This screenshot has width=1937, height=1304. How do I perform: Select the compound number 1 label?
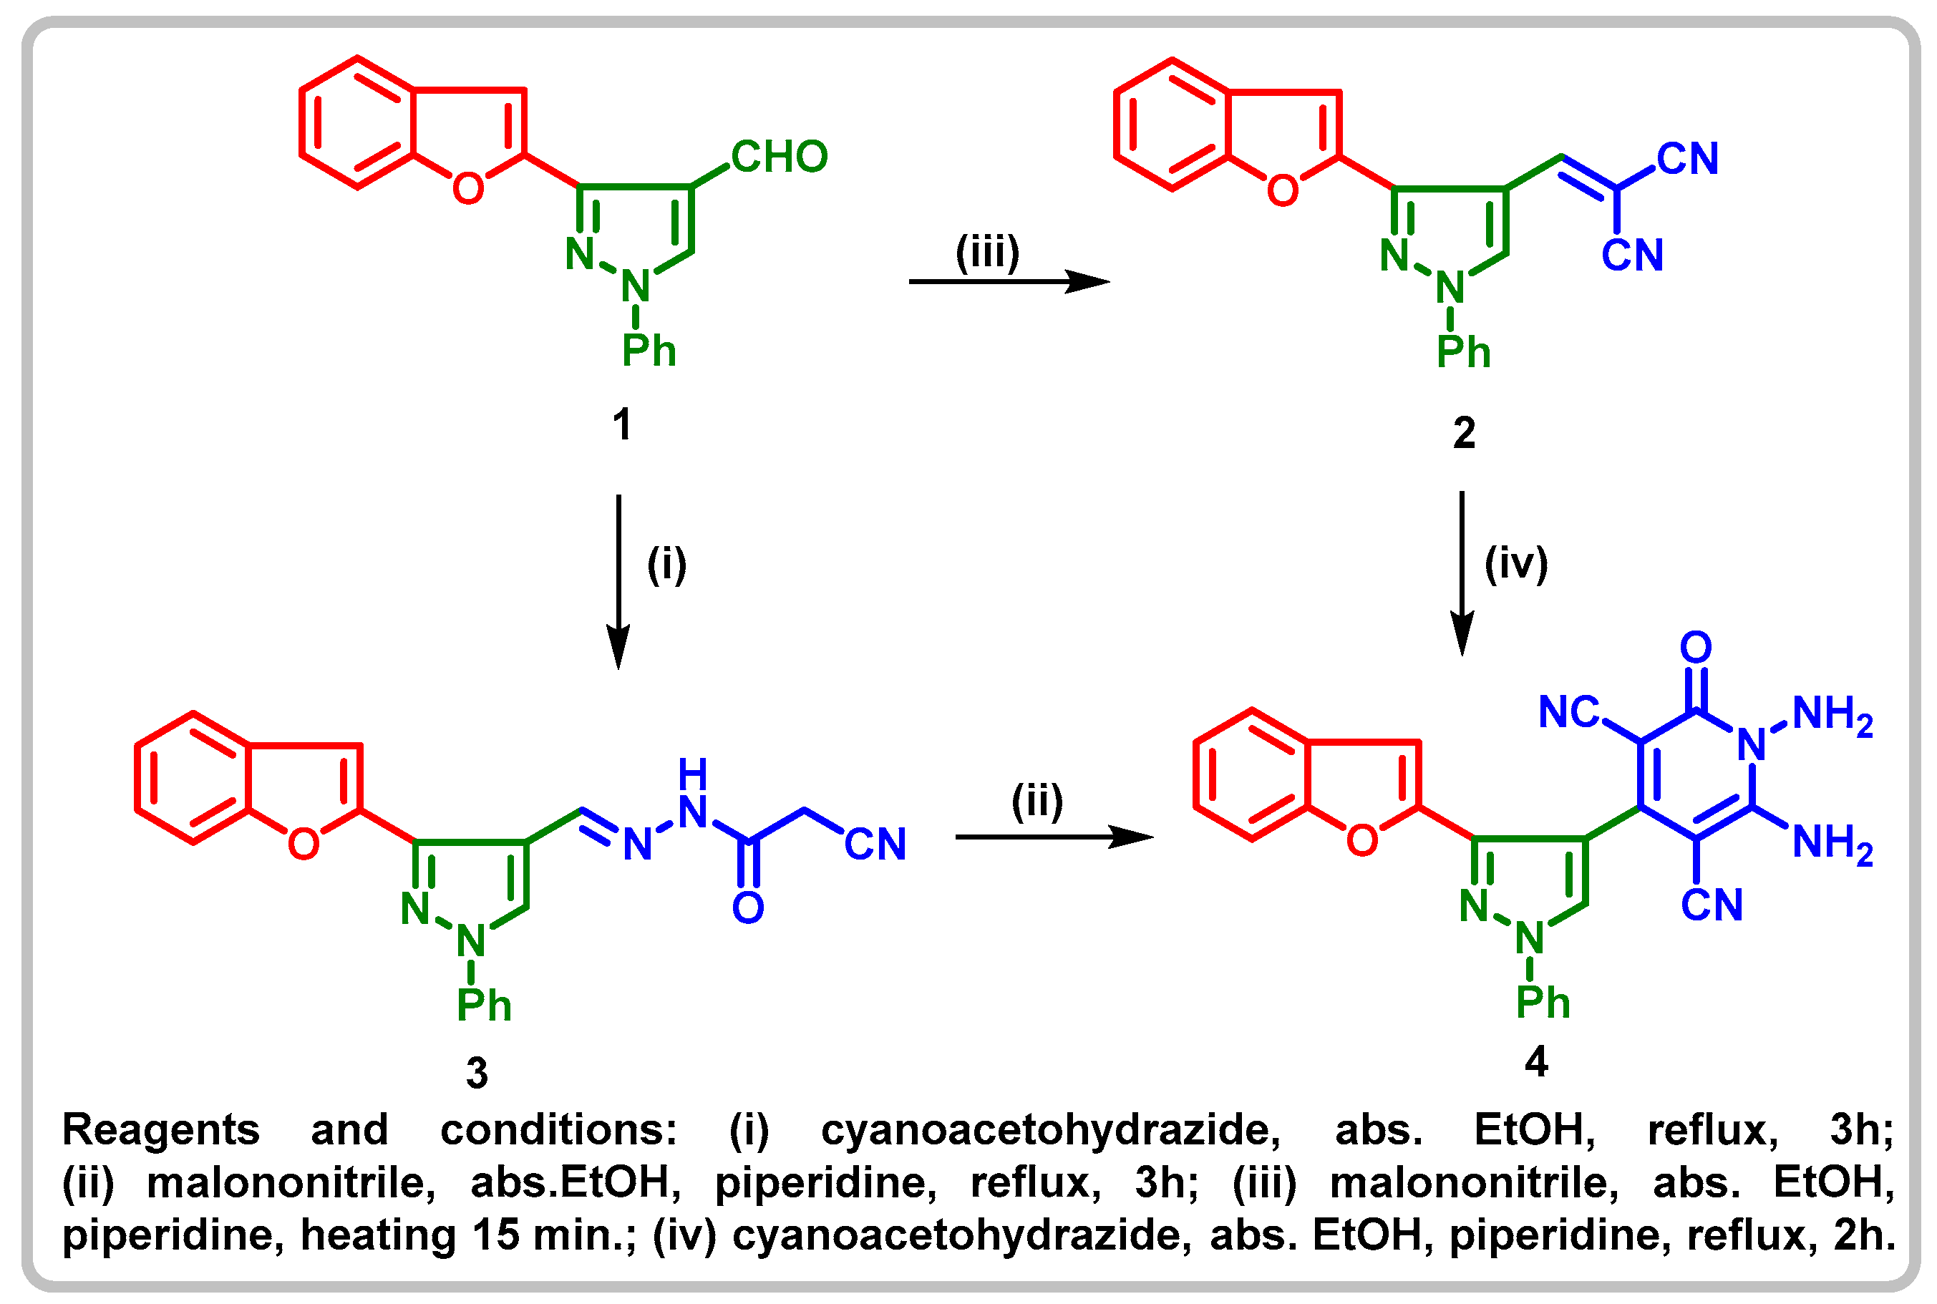621,425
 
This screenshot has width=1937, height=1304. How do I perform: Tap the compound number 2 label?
1464,433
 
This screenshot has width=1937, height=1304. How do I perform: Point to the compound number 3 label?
477,1074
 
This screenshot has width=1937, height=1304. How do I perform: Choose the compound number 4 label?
1536,1062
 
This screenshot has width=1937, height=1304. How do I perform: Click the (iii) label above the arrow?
987,252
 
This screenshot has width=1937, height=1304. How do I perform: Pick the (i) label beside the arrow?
666,565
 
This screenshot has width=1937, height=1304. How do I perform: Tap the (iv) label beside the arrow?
1516,564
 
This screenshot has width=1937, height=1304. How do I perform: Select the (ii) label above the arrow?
1037,802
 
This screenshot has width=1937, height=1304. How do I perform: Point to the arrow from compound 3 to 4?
1054,837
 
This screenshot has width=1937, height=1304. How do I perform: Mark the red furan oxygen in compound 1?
468,189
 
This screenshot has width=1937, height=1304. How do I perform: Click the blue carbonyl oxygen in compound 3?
748,908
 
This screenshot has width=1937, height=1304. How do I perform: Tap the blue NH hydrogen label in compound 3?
692,774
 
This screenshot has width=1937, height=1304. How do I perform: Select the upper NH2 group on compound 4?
1832,715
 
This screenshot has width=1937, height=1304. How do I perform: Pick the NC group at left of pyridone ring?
1568,713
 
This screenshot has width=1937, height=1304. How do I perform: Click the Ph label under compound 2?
1463,353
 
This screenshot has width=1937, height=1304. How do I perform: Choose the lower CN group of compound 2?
1632,256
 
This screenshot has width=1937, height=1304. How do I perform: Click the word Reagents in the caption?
161,1130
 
